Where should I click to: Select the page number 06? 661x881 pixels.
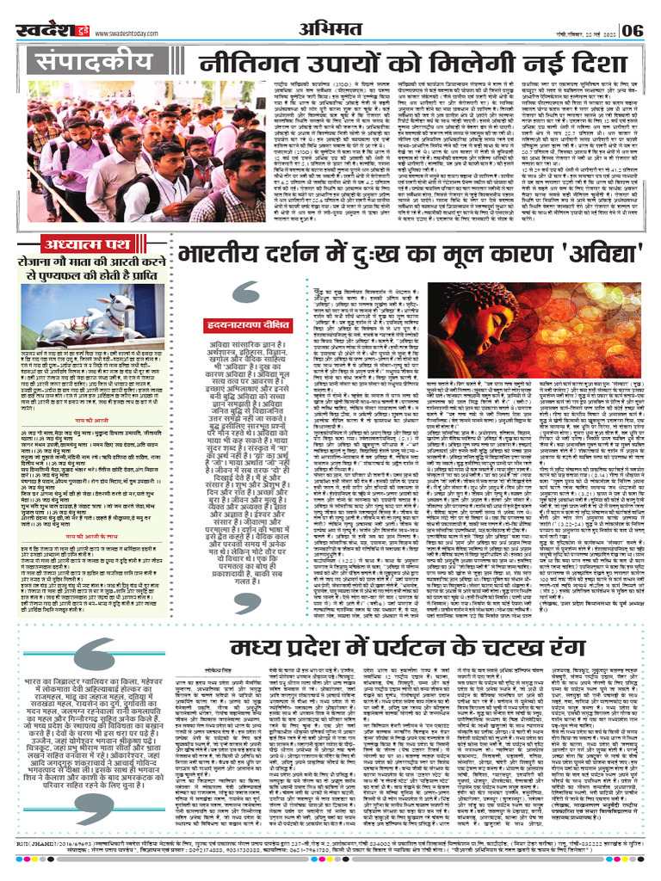[x=632, y=30]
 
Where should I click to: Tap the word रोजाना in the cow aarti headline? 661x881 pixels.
[x=39, y=265]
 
